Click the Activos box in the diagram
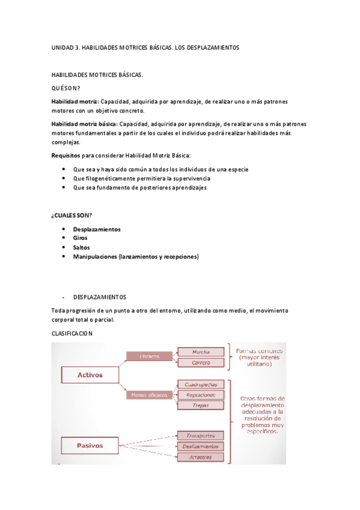point(90,375)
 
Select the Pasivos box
point(90,446)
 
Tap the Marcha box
point(201,352)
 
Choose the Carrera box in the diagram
point(201,363)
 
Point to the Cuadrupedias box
point(201,384)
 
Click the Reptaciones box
point(201,395)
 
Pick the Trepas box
point(201,406)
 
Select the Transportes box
point(201,435)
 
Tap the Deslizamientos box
point(201,446)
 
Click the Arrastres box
point(201,457)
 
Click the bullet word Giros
point(80,238)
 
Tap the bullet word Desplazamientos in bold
point(96,229)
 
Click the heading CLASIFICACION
point(72,333)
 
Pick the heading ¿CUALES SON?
point(72,215)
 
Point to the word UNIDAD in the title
point(63,47)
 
